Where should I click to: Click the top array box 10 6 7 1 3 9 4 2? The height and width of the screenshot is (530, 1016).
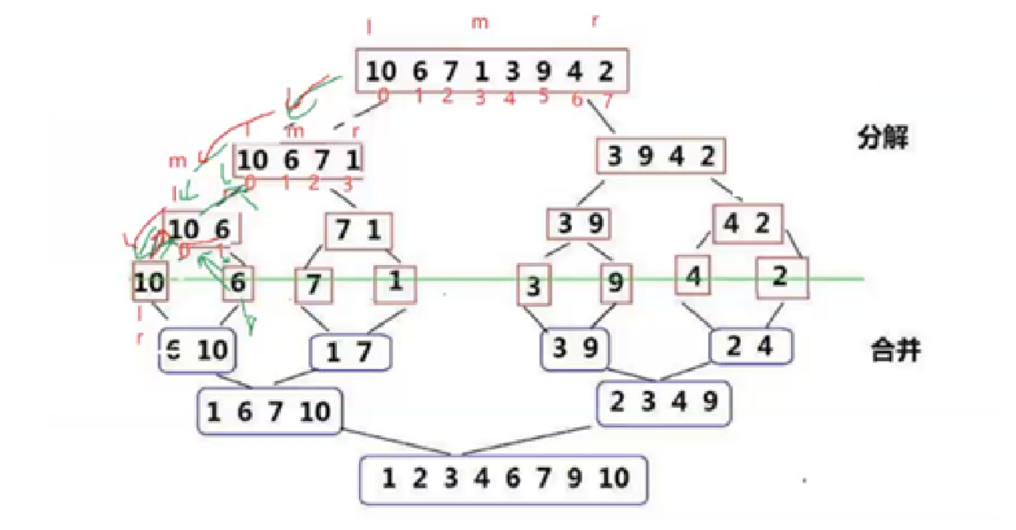pyautogui.click(x=492, y=71)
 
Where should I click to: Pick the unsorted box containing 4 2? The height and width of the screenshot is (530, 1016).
pyautogui.click(x=747, y=224)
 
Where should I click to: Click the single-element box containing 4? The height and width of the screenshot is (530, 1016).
pyautogui.click(x=692, y=275)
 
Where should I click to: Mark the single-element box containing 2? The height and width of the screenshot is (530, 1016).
pyautogui.click(x=782, y=279)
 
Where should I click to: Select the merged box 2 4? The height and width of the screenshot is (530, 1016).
pyautogui.click(x=751, y=347)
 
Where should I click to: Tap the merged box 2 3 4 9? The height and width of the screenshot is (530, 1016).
pyautogui.click(x=663, y=403)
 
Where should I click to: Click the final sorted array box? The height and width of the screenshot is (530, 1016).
pyautogui.click(x=503, y=478)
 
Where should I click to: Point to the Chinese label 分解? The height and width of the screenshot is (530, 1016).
pyautogui.click(x=883, y=138)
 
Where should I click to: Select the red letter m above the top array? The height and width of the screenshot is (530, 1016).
pyautogui.click(x=479, y=23)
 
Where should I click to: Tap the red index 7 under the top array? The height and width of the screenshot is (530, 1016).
pyautogui.click(x=608, y=101)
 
